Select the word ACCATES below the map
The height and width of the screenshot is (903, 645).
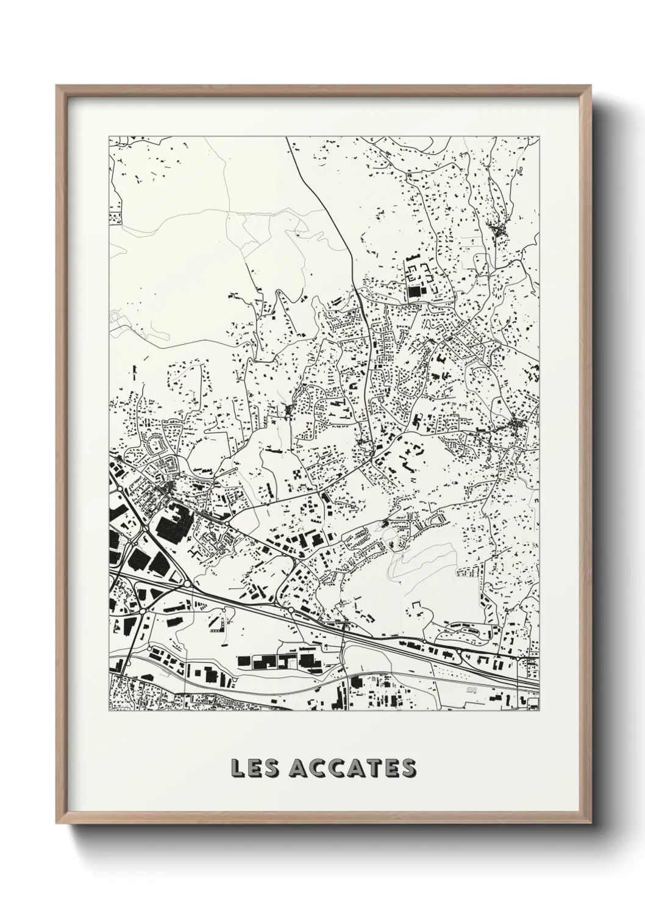352,769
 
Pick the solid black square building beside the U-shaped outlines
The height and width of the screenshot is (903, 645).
416,292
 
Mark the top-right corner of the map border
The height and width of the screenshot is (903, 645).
540,136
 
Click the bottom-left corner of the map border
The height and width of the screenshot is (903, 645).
109,711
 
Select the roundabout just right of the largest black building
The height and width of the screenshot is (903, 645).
226,523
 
